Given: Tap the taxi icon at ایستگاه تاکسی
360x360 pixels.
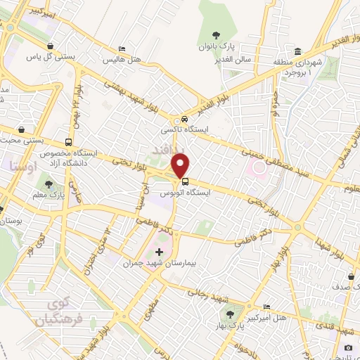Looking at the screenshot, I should pos(184,120).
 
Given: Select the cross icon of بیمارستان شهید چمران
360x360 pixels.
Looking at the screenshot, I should pos(159,251).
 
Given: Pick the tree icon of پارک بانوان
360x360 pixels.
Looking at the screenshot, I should pos(217,37).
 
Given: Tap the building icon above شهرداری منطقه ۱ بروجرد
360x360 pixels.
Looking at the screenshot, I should pos(297,52).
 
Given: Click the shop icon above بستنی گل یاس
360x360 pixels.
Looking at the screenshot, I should pos(50,47).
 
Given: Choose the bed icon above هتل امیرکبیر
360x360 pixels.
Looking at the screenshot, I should pos(266,308).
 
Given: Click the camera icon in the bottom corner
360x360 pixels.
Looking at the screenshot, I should pos(348,348).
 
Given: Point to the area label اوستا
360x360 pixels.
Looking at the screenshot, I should pos(20,167).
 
